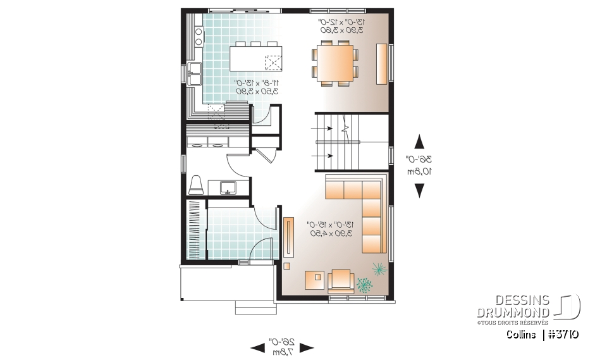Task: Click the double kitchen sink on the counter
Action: coord(193,73)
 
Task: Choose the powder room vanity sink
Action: coord(227,187)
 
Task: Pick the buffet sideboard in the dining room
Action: coord(382,63)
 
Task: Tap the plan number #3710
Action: coord(563,335)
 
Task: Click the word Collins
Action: coord(520,335)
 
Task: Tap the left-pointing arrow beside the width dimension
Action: coord(258,347)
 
